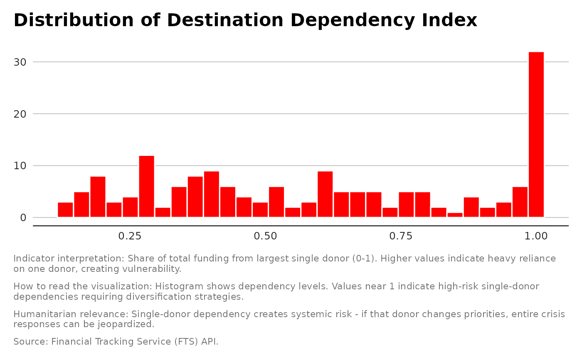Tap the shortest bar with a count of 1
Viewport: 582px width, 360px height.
pyautogui.click(x=455, y=215)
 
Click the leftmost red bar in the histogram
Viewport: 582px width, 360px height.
pyautogui.click(x=65, y=210)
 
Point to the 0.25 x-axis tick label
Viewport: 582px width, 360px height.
pyautogui.click(x=130, y=237)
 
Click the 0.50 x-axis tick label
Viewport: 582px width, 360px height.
pyautogui.click(x=265, y=237)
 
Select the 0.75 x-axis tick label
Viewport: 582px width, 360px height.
pyautogui.click(x=401, y=237)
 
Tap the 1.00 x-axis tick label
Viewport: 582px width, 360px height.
pyautogui.click(x=536, y=237)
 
